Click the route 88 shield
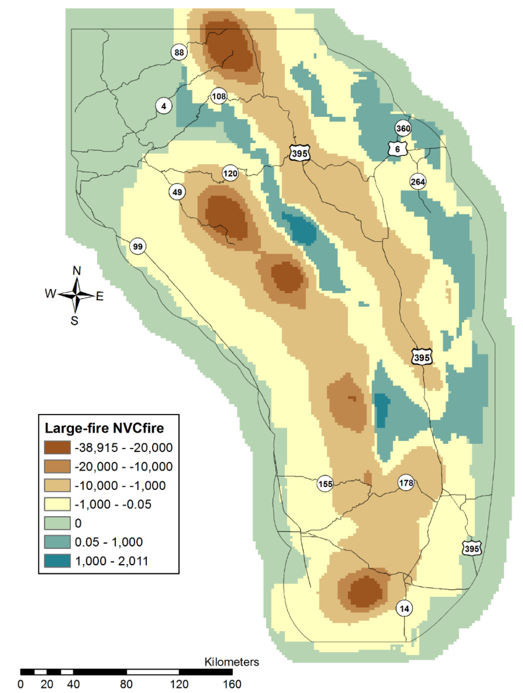coord(179,52)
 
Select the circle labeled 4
coord(164,106)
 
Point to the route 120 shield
coord(230,173)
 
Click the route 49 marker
coord(177,192)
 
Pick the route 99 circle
coord(138,247)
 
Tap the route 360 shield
coord(403,129)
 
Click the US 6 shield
coord(398,149)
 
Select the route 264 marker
coord(418,182)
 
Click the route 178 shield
coord(406,483)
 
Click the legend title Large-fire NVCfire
coord(104,428)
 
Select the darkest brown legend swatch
coord(57,447)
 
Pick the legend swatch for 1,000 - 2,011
coord(57,561)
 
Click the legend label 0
coord(78,523)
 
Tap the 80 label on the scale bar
coord(126,684)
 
